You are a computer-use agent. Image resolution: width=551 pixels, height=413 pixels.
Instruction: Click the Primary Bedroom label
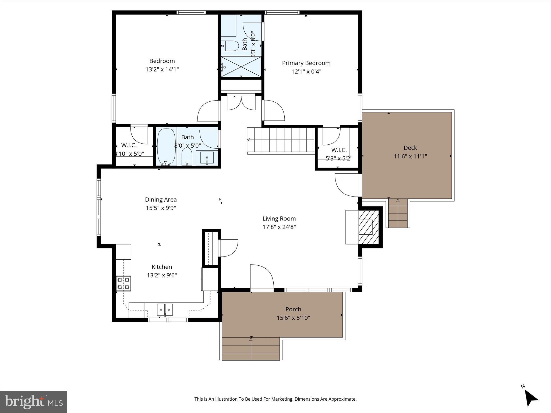click(x=306, y=63)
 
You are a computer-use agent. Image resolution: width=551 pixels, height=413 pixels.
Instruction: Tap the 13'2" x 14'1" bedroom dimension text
click(x=162, y=69)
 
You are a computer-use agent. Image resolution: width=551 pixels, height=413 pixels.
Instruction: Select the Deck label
click(x=410, y=148)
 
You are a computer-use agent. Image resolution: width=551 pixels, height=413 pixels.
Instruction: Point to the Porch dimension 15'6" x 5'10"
click(x=293, y=318)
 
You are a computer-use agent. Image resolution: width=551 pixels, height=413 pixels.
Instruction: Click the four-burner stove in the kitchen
click(x=123, y=283)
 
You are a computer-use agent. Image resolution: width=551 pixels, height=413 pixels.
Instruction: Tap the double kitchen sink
click(x=165, y=309)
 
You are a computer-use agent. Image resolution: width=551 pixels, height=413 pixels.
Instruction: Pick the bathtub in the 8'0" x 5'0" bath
click(x=166, y=147)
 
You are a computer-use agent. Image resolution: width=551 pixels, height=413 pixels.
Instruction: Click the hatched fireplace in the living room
click(x=369, y=227)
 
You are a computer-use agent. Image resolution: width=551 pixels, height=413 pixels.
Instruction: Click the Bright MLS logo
click(x=34, y=402)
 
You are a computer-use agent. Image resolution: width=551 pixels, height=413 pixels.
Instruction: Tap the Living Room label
click(x=279, y=219)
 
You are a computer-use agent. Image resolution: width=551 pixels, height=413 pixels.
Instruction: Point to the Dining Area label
click(x=161, y=200)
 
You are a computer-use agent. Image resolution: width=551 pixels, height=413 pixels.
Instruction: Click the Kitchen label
click(x=162, y=267)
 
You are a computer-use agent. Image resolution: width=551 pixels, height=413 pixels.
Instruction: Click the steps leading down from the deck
click(x=398, y=213)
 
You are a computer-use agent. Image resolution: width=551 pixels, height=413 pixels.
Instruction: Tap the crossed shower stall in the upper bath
click(x=241, y=66)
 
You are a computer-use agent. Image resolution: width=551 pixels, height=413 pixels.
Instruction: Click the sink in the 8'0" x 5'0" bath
click(x=207, y=158)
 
